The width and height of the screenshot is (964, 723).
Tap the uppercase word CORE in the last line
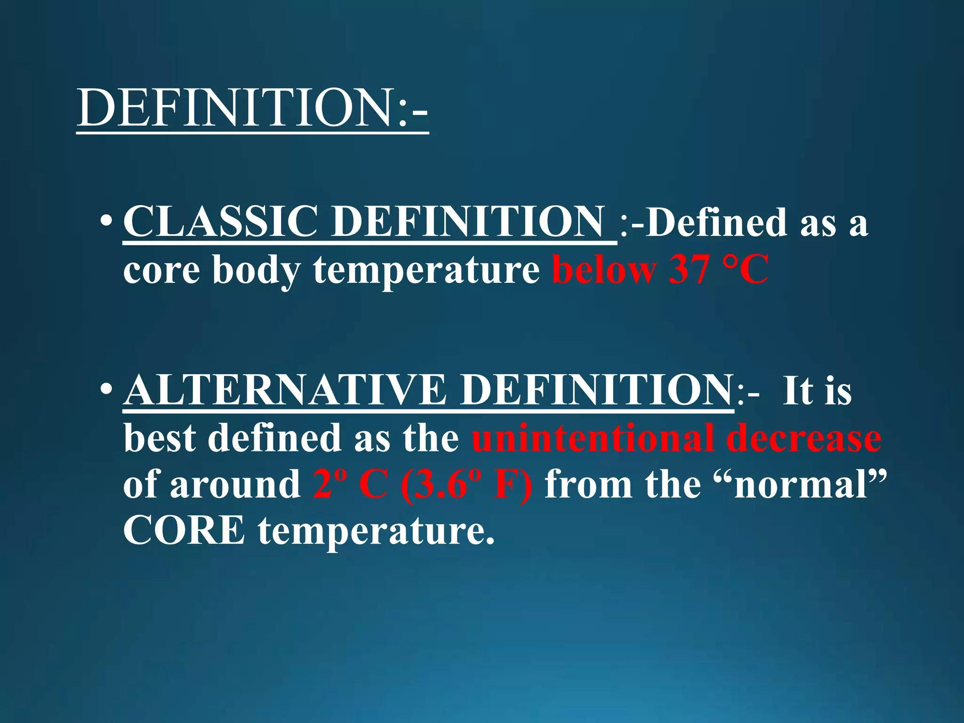[x=184, y=530]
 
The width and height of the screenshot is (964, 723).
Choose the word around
[x=235, y=485]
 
